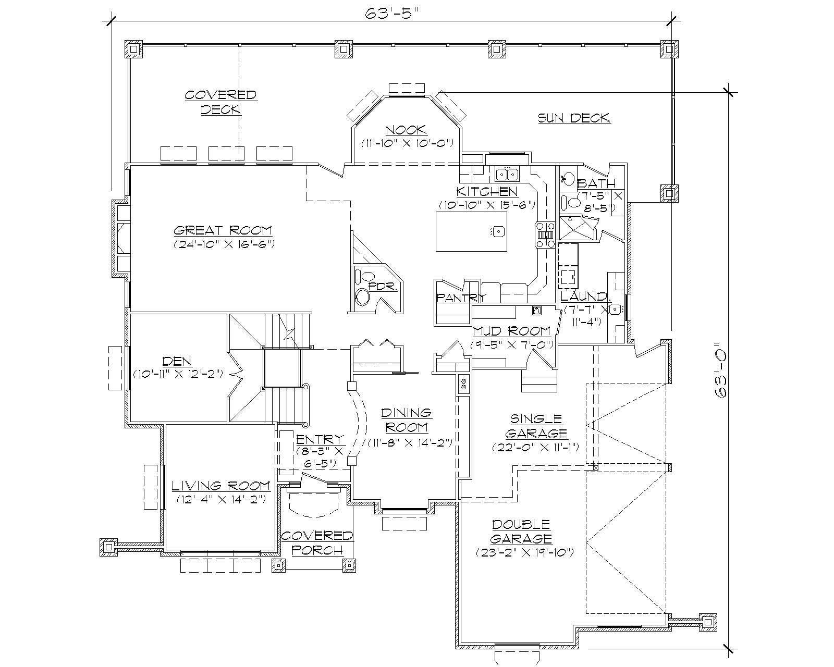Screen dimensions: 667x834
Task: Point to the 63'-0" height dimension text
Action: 720,370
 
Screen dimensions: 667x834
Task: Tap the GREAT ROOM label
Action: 223,230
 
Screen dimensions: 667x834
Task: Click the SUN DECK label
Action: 574,118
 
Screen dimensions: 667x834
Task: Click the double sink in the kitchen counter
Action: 506,174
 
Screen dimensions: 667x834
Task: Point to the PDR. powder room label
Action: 383,287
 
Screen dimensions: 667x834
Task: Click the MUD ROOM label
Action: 511,331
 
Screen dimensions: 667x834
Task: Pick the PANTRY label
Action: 461,298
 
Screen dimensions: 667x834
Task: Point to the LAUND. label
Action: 585,297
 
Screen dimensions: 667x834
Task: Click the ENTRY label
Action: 320,439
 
